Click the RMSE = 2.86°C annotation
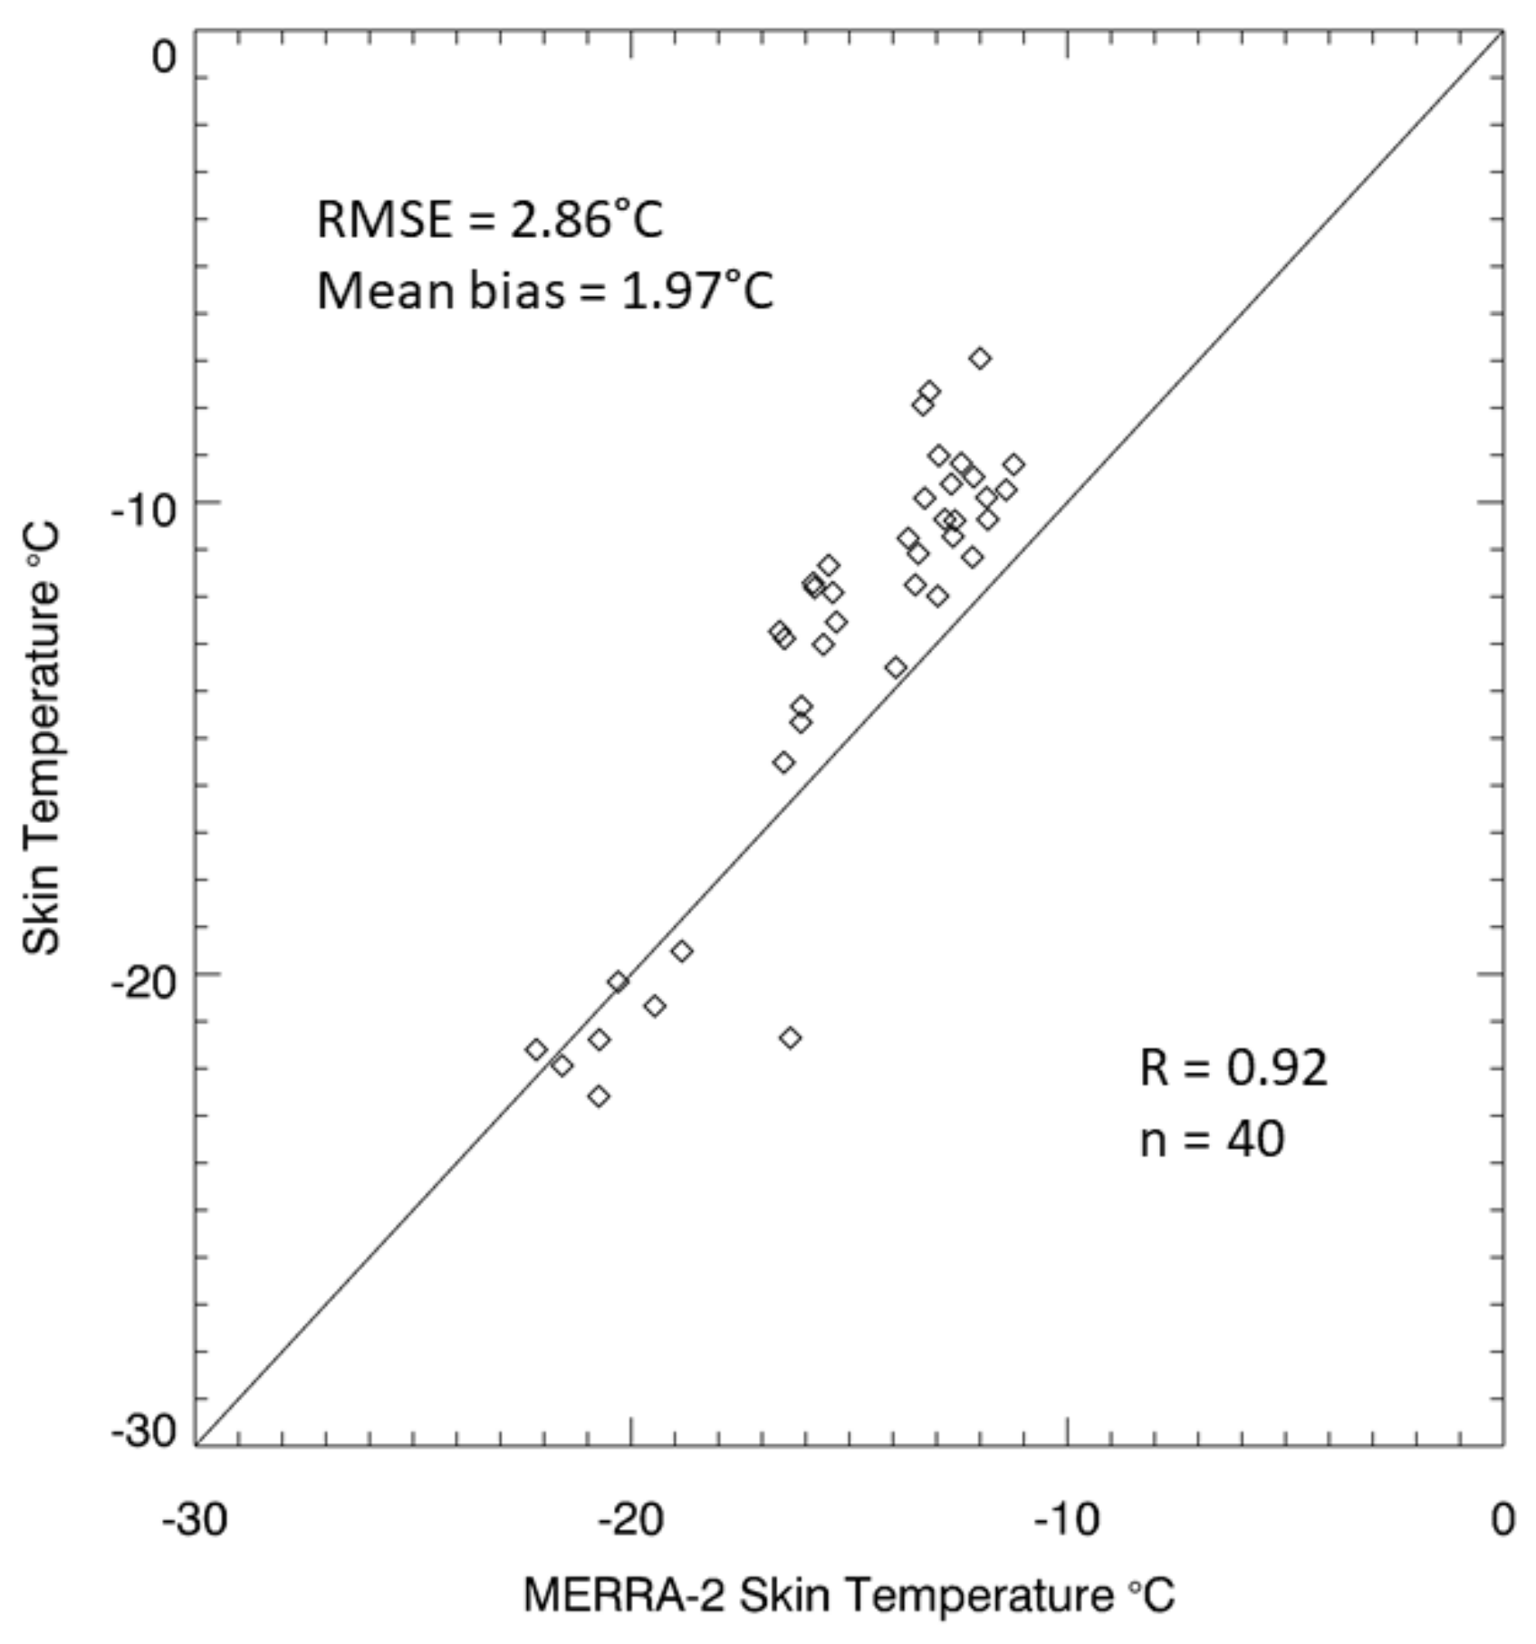tap(489, 220)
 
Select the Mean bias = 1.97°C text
tap(545, 292)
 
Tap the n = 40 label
tap(1212, 1139)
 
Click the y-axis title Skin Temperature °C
tap(42, 738)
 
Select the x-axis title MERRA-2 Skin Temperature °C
tap(849, 1594)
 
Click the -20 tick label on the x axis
tap(630, 1519)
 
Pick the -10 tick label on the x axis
tap(1066, 1519)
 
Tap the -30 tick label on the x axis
tap(195, 1519)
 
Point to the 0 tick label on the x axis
tap(1502, 1519)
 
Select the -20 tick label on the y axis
tap(144, 983)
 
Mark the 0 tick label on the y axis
tap(165, 58)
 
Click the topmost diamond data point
tap(980, 358)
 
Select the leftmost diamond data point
tap(536, 1050)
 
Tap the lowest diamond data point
tap(598, 1096)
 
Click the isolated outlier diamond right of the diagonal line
tap(790, 1037)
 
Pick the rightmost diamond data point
tap(1013, 464)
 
